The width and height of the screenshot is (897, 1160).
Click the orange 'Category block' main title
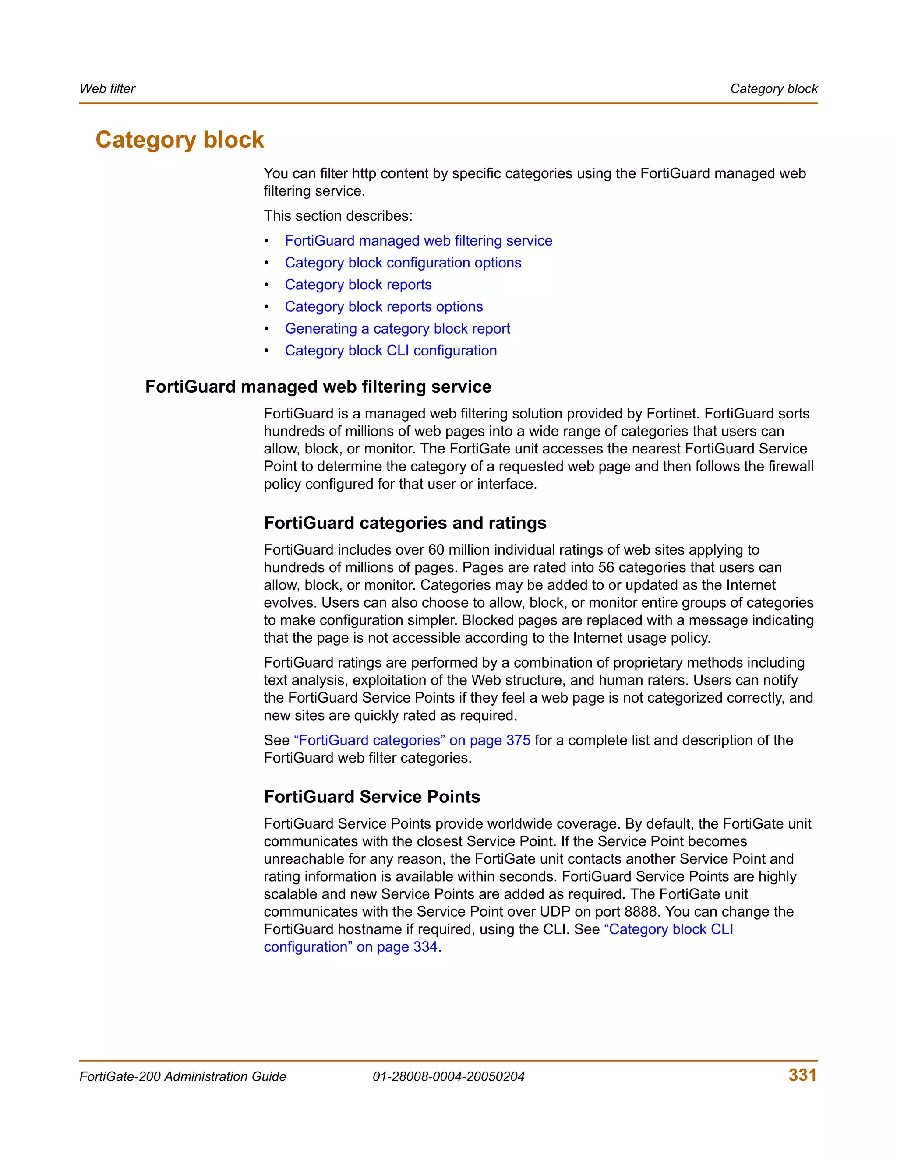(180, 140)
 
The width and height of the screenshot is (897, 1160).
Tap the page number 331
(802, 1075)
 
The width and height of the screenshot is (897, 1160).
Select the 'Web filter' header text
(107, 89)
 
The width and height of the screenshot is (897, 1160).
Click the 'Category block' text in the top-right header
(774, 89)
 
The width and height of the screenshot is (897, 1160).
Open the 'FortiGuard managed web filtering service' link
(418, 241)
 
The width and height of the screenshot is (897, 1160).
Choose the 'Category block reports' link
(358, 285)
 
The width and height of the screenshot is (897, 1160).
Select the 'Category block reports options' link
(384, 306)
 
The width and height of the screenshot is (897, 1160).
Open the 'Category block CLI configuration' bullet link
(391, 351)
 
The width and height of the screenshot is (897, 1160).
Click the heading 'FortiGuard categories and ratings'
(405, 523)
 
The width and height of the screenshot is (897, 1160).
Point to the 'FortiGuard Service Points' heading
(372, 797)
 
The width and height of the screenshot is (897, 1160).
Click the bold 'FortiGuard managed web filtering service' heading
(318, 387)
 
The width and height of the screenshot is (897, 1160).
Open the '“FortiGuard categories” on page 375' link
(412, 740)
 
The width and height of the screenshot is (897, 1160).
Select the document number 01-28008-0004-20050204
(448, 1077)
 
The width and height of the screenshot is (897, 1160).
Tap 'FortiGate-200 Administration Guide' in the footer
(183, 1077)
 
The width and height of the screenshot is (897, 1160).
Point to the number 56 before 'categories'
(606, 567)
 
